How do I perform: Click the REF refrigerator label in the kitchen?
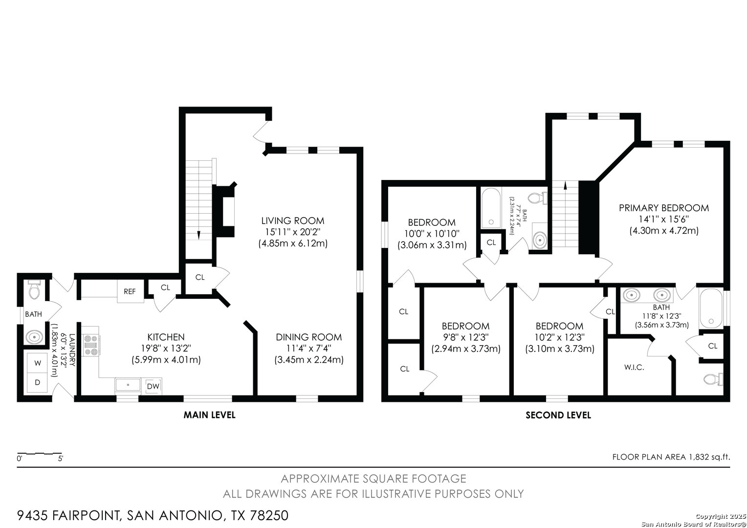(130, 291)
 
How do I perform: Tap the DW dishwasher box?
(153, 386)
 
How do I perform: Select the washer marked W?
(37, 363)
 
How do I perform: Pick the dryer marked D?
(37, 382)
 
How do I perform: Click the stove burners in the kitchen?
(91, 345)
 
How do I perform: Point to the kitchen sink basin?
(128, 385)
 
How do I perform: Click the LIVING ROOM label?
(292, 221)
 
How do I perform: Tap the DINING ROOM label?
(309, 337)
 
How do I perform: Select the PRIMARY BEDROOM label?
(663, 208)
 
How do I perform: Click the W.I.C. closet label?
(634, 368)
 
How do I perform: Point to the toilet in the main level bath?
(34, 289)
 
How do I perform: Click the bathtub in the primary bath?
(711, 308)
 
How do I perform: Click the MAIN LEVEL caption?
(209, 415)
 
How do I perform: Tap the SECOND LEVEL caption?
(558, 415)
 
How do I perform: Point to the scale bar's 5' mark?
(60, 459)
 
